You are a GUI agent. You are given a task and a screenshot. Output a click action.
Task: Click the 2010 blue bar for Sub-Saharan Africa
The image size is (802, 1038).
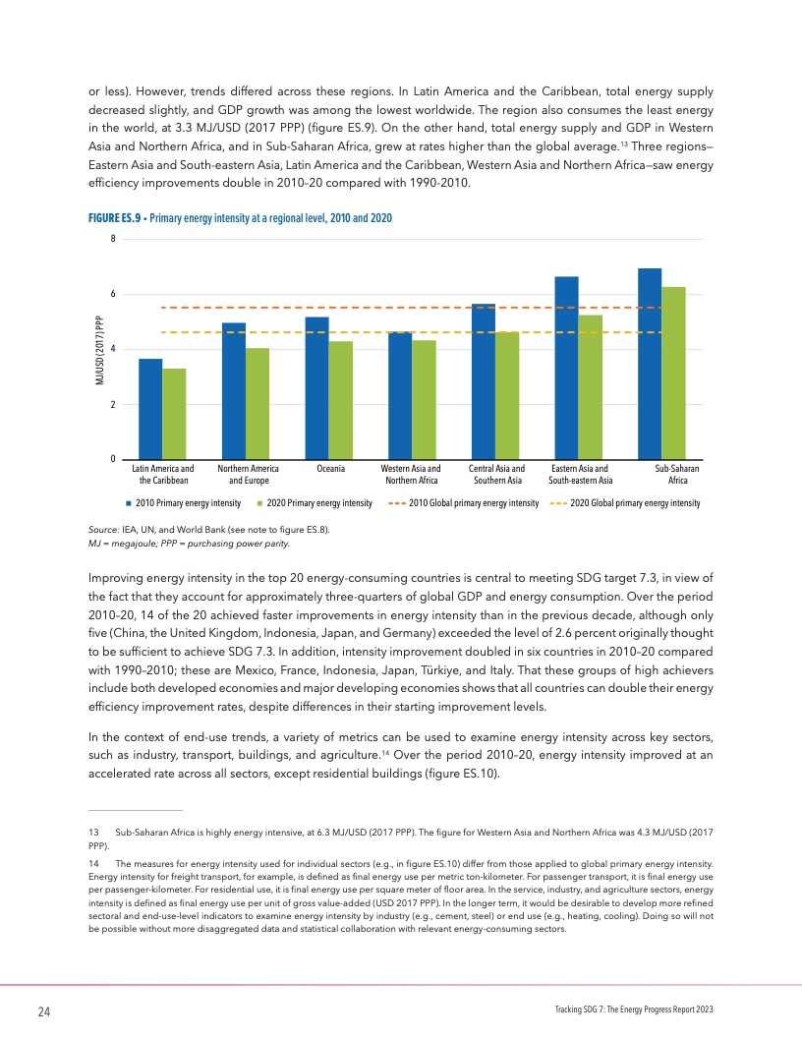pos(650,364)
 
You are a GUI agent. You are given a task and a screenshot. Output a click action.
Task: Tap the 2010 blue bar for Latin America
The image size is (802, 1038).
pos(150,409)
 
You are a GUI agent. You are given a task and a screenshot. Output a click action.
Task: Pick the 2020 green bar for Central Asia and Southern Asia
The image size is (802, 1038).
pos(507,395)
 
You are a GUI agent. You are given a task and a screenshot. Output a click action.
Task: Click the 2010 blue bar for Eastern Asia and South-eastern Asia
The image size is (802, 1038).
pos(566,368)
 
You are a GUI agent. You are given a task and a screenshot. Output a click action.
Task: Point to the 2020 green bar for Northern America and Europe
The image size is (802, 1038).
pos(258,404)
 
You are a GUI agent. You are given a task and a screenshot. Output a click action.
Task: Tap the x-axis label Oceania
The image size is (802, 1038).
pos(323,470)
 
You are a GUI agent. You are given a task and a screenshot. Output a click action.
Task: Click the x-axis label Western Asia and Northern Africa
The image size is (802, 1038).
pos(410,476)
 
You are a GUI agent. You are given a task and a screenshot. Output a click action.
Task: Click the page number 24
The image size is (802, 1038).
pos(44,1012)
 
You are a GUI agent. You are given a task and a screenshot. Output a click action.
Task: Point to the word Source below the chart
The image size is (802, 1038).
pos(102,530)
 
